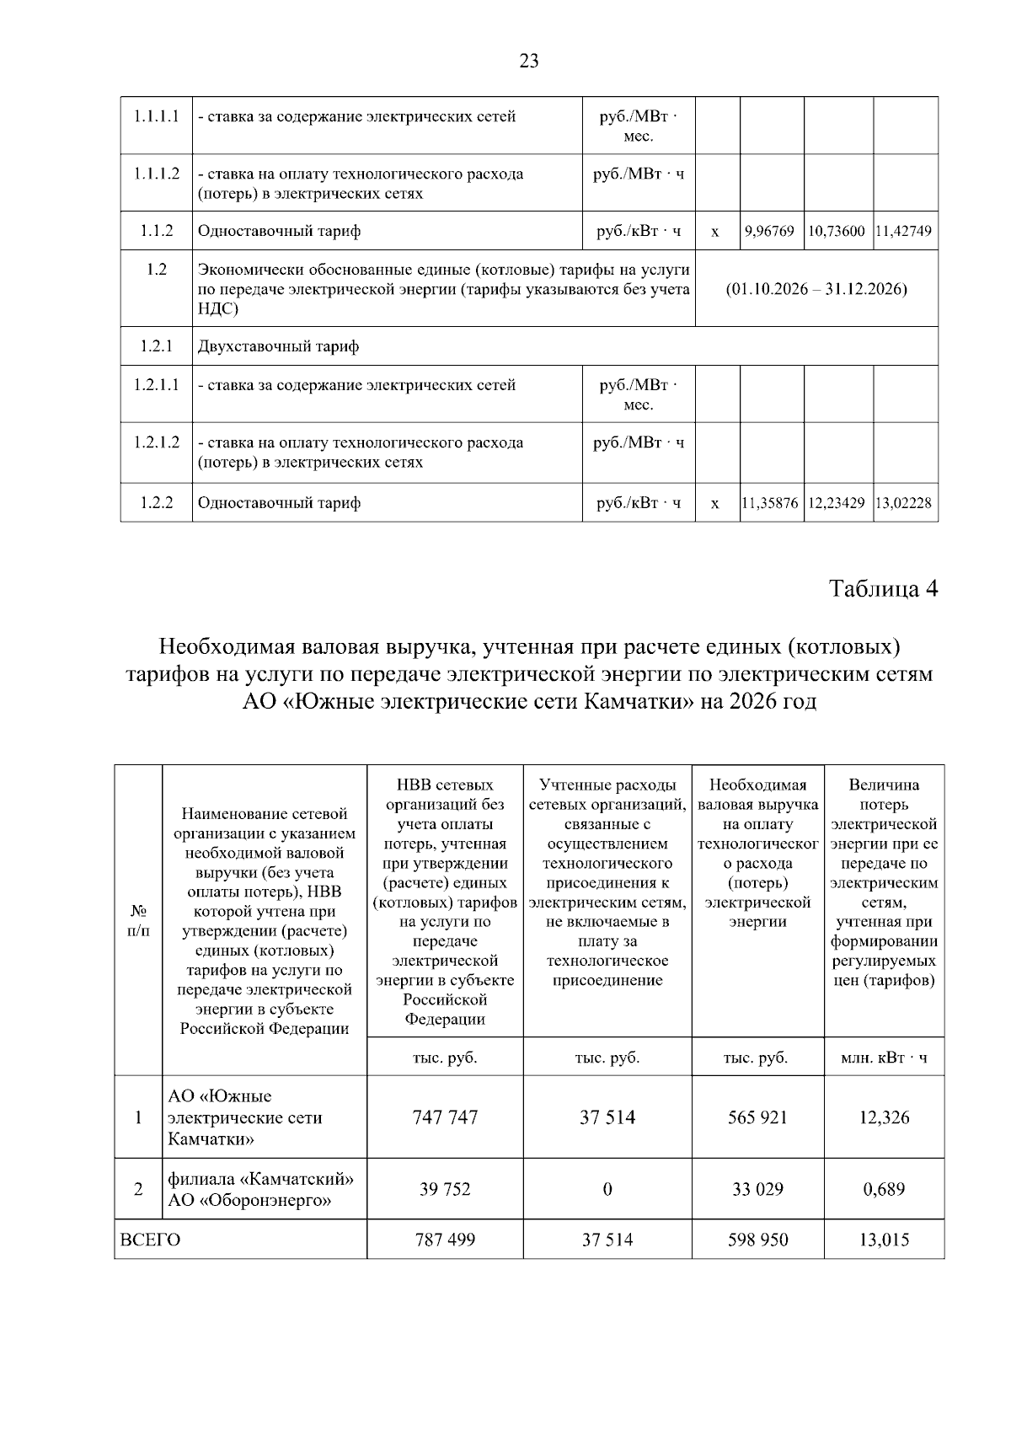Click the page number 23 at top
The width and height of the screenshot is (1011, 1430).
coord(529,61)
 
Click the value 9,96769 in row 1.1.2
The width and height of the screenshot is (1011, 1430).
coord(772,231)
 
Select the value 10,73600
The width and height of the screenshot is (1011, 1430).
coord(837,231)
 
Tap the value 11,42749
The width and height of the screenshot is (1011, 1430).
coord(905,231)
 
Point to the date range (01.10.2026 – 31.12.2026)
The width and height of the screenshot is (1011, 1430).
coord(816,289)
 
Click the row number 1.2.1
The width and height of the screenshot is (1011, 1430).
coord(157,346)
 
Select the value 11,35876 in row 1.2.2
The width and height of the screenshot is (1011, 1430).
coord(771,503)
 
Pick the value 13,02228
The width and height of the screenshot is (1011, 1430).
coord(905,503)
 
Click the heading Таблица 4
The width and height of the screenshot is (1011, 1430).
coord(883,588)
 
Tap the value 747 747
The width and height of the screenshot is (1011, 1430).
coord(445,1117)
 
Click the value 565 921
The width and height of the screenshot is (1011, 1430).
coord(757,1117)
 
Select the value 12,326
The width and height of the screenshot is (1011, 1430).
coord(884,1117)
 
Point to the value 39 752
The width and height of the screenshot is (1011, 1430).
coord(445,1189)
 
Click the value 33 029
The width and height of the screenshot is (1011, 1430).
coord(757,1189)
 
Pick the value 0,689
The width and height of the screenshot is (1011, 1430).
coord(884,1189)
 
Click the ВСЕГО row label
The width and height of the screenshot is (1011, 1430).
coord(151,1240)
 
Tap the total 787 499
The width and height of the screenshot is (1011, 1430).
coord(445,1240)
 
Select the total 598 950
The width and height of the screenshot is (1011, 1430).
coord(757,1240)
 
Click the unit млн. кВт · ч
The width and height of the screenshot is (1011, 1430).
coord(884,1058)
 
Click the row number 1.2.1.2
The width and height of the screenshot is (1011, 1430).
coord(157,442)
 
